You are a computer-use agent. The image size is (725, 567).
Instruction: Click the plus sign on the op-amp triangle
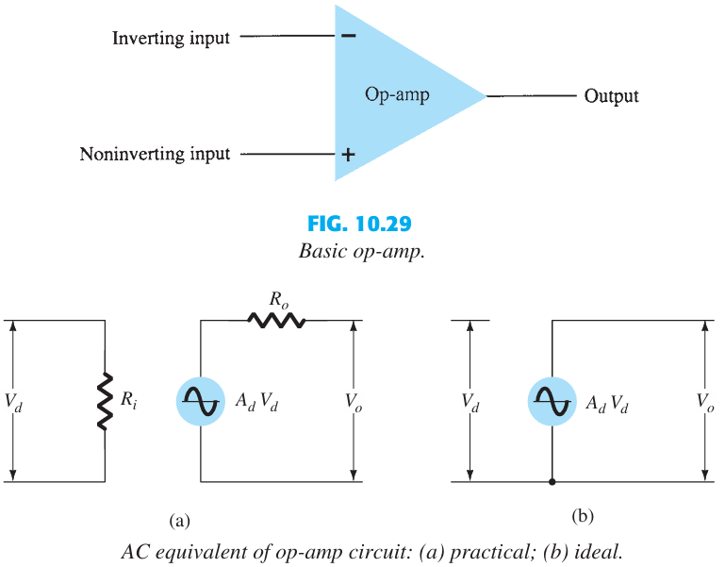[x=348, y=154]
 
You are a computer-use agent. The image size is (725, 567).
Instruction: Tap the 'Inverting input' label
[x=171, y=39]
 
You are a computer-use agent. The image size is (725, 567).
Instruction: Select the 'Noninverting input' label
[x=155, y=154]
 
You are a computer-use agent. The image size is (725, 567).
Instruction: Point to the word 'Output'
[x=611, y=96]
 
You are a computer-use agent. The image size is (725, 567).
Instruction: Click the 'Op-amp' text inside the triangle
[x=397, y=95]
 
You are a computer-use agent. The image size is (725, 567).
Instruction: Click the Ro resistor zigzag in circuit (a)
[x=276, y=321]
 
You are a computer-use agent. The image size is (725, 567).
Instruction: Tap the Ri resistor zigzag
[x=105, y=401]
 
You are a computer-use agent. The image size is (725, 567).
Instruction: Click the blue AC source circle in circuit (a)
[x=200, y=401]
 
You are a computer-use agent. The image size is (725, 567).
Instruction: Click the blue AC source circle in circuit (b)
[x=551, y=401]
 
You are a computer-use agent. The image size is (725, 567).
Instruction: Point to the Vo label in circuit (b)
[x=706, y=402]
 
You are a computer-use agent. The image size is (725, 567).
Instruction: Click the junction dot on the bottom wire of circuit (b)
[x=552, y=482]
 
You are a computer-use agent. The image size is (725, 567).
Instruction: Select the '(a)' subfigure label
[x=179, y=519]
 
